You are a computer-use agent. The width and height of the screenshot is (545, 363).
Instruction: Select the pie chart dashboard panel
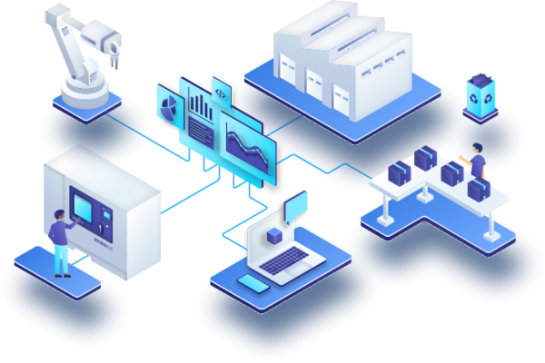click(168, 106)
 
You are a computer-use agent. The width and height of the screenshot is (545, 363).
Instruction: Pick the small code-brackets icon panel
click(221, 91)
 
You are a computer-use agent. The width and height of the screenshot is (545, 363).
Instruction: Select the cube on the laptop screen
click(273, 236)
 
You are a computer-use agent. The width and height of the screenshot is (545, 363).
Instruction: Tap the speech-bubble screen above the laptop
click(296, 207)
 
